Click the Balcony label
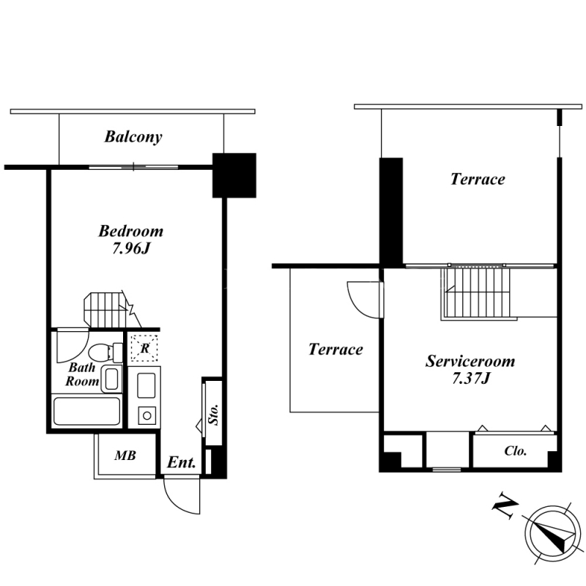[x=133, y=137]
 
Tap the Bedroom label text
[x=131, y=231]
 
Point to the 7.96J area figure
[x=131, y=248]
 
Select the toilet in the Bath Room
[x=105, y=352]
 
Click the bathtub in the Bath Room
[x=86, y=412]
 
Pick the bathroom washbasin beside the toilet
[x=112, y=379]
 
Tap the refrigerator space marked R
[x=144, y=349]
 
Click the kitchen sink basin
[x=146, y=385]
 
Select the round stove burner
[x=147, y=415]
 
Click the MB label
[x=125, y=456]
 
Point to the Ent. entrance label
[x=181, y=463]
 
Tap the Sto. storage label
[x=214, y=414]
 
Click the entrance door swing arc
[x=176, y=504]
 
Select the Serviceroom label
[x=470, y=361]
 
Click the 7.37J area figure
[x=471, y=379]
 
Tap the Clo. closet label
[x=516, y=451]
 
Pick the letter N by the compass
[x=505, y=506]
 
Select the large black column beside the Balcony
[x=234, y=175]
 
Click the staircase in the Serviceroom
[x=476, y=294]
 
